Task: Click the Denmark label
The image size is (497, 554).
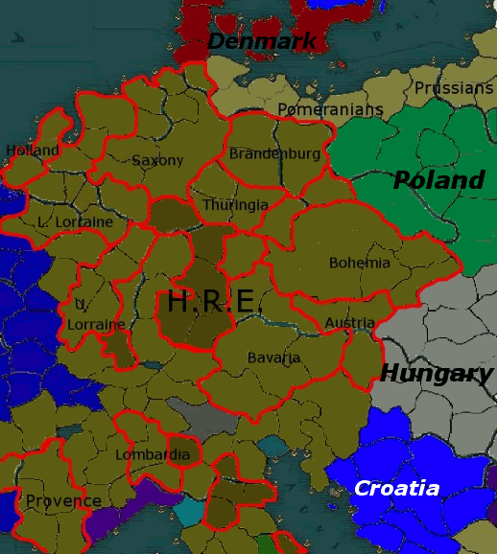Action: coord(262,41)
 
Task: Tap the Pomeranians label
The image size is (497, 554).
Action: coord(330,109)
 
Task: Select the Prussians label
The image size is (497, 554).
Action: coord(454,88)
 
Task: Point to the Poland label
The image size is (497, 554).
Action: coord(438,180)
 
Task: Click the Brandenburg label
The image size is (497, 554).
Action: coord(274,153)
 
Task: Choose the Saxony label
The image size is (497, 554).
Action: coord(157,160)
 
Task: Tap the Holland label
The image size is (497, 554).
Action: coord(33,150)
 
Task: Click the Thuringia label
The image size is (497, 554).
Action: coord(235,205)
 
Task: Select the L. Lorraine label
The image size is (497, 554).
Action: coord(75,222)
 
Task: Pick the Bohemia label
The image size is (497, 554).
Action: coord(360,263)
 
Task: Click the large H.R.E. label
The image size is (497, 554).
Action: coord(211,302)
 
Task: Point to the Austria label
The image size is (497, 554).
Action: coord(349,323)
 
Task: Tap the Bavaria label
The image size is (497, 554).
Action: coord(273,358)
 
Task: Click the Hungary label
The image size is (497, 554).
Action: coord(437,373)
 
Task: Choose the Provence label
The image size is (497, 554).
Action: coord(63,501)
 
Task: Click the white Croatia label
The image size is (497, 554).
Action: coord(396,489)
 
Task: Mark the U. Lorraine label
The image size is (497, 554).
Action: coord(95,316)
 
